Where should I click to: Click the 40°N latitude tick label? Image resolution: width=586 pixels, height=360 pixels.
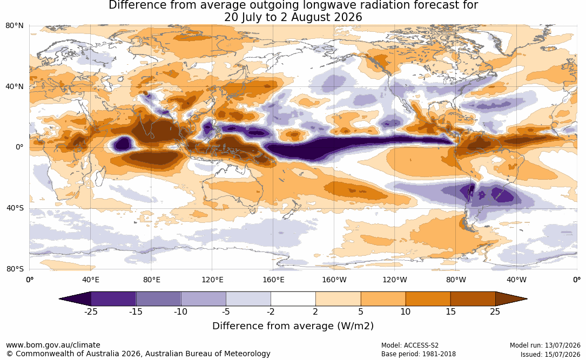tap(14, 87)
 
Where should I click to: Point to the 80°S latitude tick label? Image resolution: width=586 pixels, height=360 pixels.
tap(15, 269)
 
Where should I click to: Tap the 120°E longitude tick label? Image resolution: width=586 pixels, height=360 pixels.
tap(212, 280)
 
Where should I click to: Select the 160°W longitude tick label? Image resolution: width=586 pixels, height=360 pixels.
tap(334, 280)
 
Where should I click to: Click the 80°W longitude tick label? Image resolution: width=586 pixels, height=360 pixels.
tap(456, 280)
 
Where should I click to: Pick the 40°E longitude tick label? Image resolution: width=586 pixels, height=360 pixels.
tap(90, 280)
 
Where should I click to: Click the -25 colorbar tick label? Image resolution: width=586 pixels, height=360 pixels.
tap(91, 312)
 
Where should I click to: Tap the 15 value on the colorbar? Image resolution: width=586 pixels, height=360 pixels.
tap(450, 312)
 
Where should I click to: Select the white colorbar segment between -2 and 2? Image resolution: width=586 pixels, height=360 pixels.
tap(293, 299)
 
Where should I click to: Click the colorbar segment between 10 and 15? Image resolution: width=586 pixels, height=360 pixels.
tap(428, 299)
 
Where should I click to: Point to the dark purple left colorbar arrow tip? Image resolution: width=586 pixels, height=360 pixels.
tap(59, 299)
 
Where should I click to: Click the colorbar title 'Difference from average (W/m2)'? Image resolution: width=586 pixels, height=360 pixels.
tap(293, 326)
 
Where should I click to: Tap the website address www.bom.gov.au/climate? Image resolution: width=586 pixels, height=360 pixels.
tap(53, 345)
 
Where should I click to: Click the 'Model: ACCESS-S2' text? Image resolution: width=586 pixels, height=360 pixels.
tap(410, 345)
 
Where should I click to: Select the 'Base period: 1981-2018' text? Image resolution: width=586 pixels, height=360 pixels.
tap(419, 354)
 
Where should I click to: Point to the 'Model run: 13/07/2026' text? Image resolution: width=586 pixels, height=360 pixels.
tap(545, 345)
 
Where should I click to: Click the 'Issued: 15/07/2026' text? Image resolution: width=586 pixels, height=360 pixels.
tap(550, 354)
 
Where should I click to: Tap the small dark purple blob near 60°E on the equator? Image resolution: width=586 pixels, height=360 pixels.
tap(123, 144)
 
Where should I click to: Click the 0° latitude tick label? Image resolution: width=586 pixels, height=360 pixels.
tap(19, 147)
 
